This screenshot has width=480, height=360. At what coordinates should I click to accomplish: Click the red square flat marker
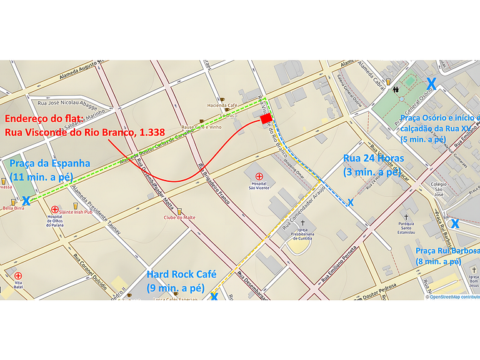click(x=266, y=119)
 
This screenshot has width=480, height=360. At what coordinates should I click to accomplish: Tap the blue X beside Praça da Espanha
click(x=26, y=201)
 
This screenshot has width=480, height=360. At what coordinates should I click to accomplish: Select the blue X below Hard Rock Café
click(x=214, y=296)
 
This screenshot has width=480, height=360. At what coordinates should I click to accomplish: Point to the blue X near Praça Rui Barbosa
click(x=456, y=223)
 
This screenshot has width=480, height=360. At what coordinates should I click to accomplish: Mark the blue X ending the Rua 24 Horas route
click(x=351, y=202)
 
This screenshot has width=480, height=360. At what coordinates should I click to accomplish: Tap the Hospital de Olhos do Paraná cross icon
click(x=55, y=210)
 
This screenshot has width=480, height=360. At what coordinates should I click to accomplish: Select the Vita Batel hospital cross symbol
click(x=18, y=276)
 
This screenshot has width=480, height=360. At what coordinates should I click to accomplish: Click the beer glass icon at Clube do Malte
click(x=179, y=211)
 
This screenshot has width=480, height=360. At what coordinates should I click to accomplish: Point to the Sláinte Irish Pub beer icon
click(x=76, y=206)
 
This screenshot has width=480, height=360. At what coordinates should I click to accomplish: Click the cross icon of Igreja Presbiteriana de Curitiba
click(x=303, y=223)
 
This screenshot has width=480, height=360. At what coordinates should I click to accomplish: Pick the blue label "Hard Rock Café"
click(x=181, y=274)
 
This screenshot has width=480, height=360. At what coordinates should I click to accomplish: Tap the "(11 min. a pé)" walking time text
click(x=41, y=176)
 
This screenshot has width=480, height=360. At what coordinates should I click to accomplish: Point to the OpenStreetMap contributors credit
click(x=453, y=297)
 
